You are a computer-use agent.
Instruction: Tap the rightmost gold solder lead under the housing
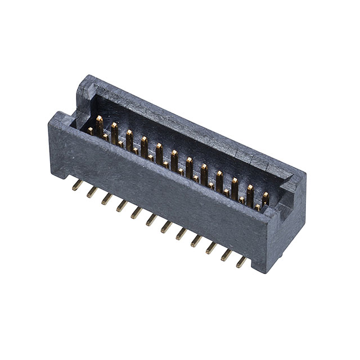click(241, 262)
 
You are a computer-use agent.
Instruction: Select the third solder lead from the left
click(106, 199)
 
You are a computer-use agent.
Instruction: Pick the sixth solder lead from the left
click(151, 219)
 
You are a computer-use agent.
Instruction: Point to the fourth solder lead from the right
click(196, 240)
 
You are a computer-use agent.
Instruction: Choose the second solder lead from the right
click(226, 255)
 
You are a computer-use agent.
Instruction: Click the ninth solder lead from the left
click(196, 240)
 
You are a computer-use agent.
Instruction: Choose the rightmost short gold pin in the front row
click(257, 208)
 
